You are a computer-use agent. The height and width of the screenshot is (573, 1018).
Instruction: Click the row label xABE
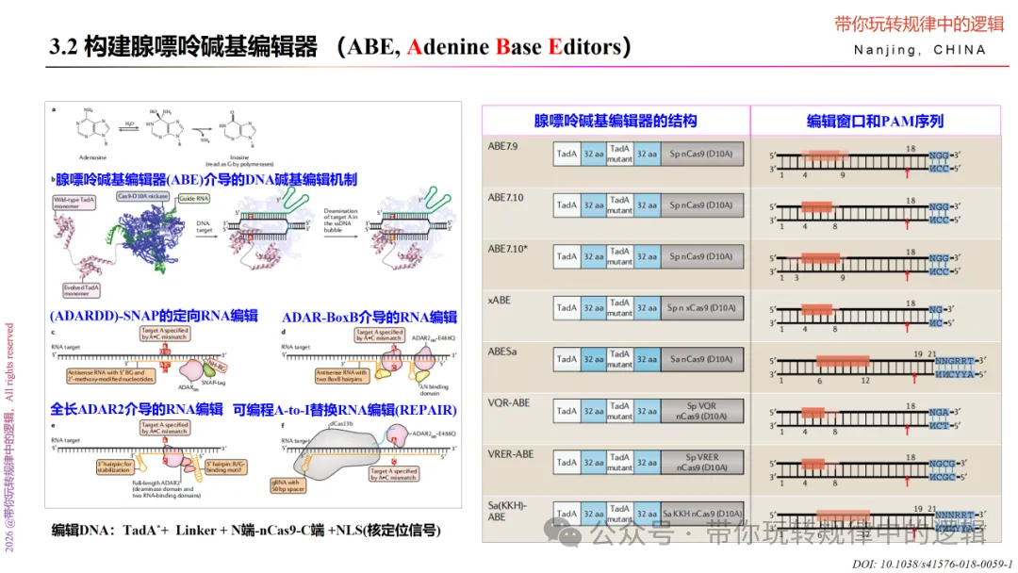click(x=500, y=299)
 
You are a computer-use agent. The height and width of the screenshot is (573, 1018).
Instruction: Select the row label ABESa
click(x=503, y=351)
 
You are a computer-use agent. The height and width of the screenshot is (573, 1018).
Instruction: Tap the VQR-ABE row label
click(x=508, y=402)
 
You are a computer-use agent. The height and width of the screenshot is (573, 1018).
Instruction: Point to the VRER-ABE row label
click(x=510, y=454)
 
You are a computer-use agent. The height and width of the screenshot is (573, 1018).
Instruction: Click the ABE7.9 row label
click(x=503, y=145)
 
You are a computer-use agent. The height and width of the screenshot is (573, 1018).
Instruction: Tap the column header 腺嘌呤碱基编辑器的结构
click(x=616, y=121)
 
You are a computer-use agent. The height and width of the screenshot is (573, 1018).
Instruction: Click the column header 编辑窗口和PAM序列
click(x=875, y=121)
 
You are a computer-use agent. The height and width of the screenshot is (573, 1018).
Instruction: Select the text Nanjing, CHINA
click(x=920, y=50)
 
